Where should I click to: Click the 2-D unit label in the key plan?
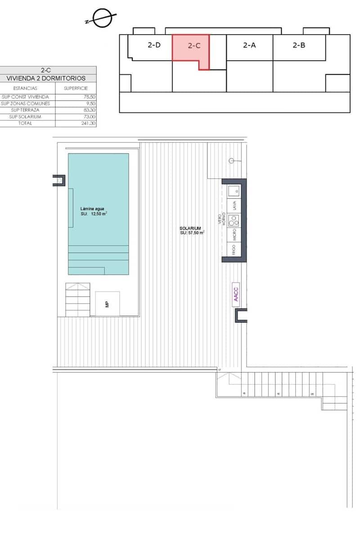tap(154, 45)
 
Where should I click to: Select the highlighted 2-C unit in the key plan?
tap(193, 46)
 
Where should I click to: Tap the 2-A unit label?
tap(249, 45)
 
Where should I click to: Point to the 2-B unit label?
tap(299, 45)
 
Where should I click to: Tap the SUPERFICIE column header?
tap(76, 88)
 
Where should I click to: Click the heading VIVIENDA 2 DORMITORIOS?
tap(45, 78)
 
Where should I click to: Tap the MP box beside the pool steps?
tap(108, 304)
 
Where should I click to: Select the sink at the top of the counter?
tap(234, 191)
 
